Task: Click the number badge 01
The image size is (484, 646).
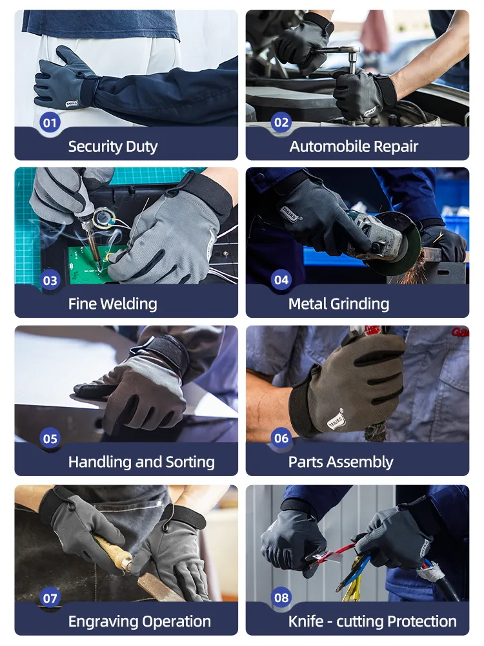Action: [x=50, y=122]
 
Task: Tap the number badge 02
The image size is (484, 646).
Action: [x=281, y=122]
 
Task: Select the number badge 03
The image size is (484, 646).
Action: [x=50, y=280]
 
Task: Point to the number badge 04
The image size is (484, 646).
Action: [x=281, y=280]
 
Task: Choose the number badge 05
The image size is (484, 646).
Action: [x=50, y=439]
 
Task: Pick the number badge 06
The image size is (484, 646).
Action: [x=281, y=439]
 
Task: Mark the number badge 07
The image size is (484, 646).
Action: [x=50, y=598]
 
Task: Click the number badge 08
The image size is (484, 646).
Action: [x=281, y=598]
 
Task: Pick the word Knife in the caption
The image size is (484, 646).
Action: [x=307, y=621]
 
